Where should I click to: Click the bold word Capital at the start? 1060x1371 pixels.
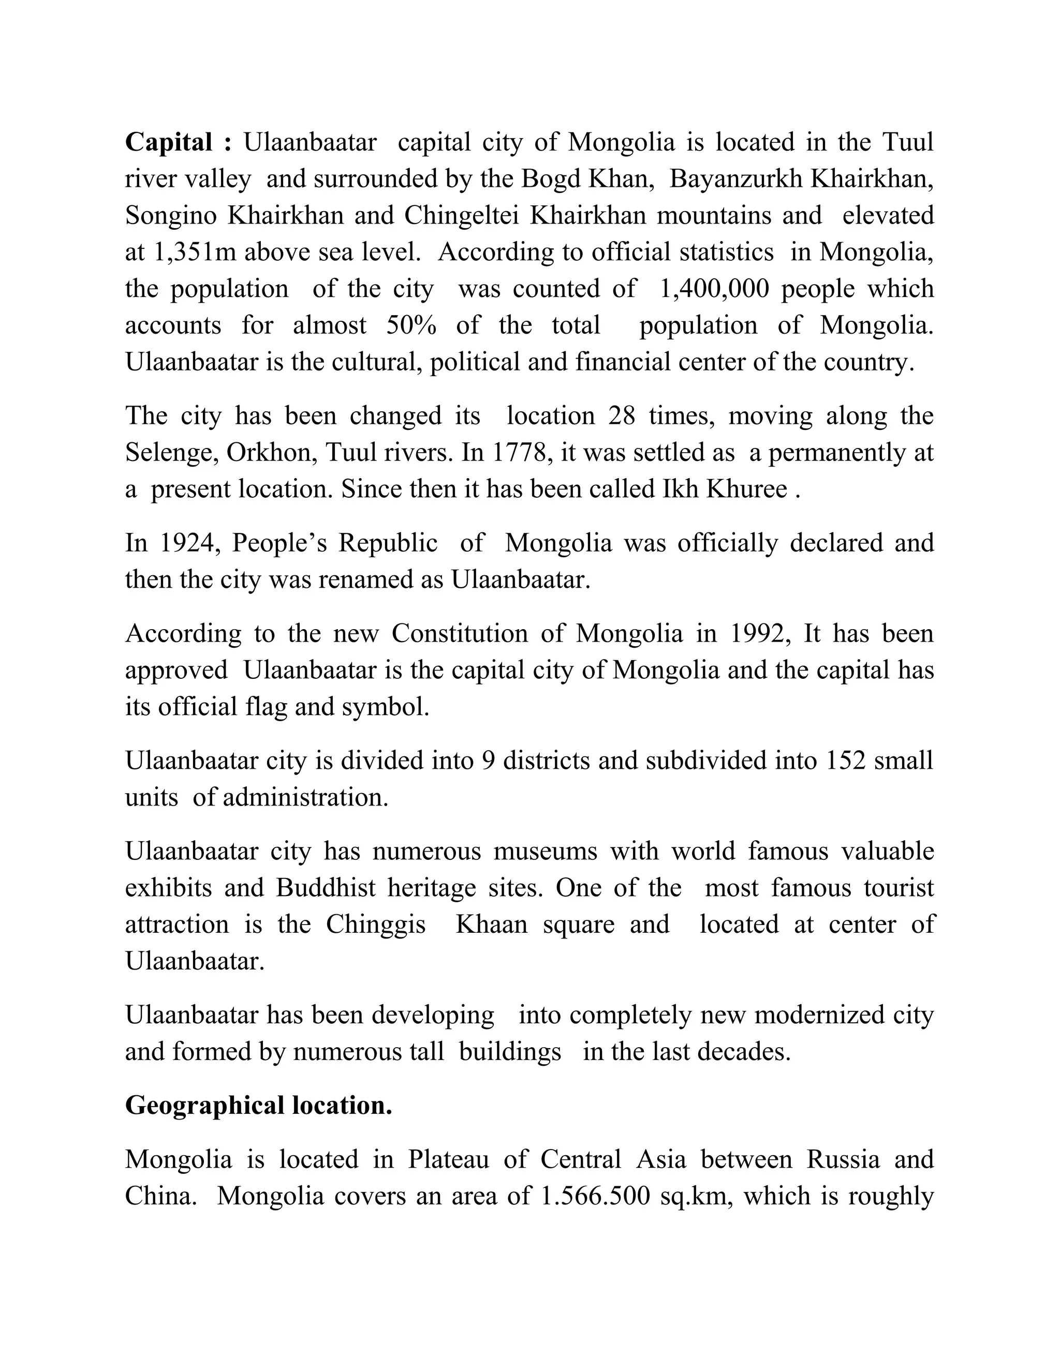point(168,142)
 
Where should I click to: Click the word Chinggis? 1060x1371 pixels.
point(376,925)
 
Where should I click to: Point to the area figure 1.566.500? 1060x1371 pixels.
point(595,1197)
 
